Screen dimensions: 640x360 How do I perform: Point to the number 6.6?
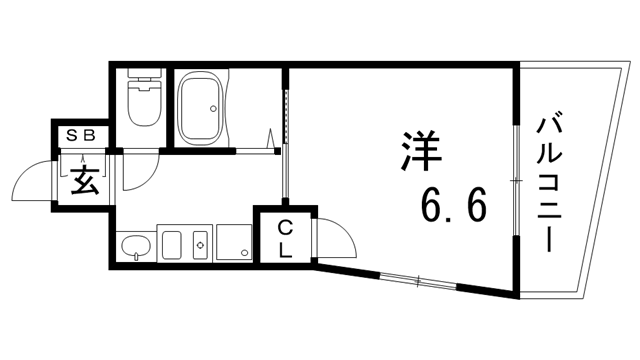point(452,208)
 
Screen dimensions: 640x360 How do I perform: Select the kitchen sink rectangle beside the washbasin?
point(172,245)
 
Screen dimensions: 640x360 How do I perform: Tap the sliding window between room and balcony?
point(516,180)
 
